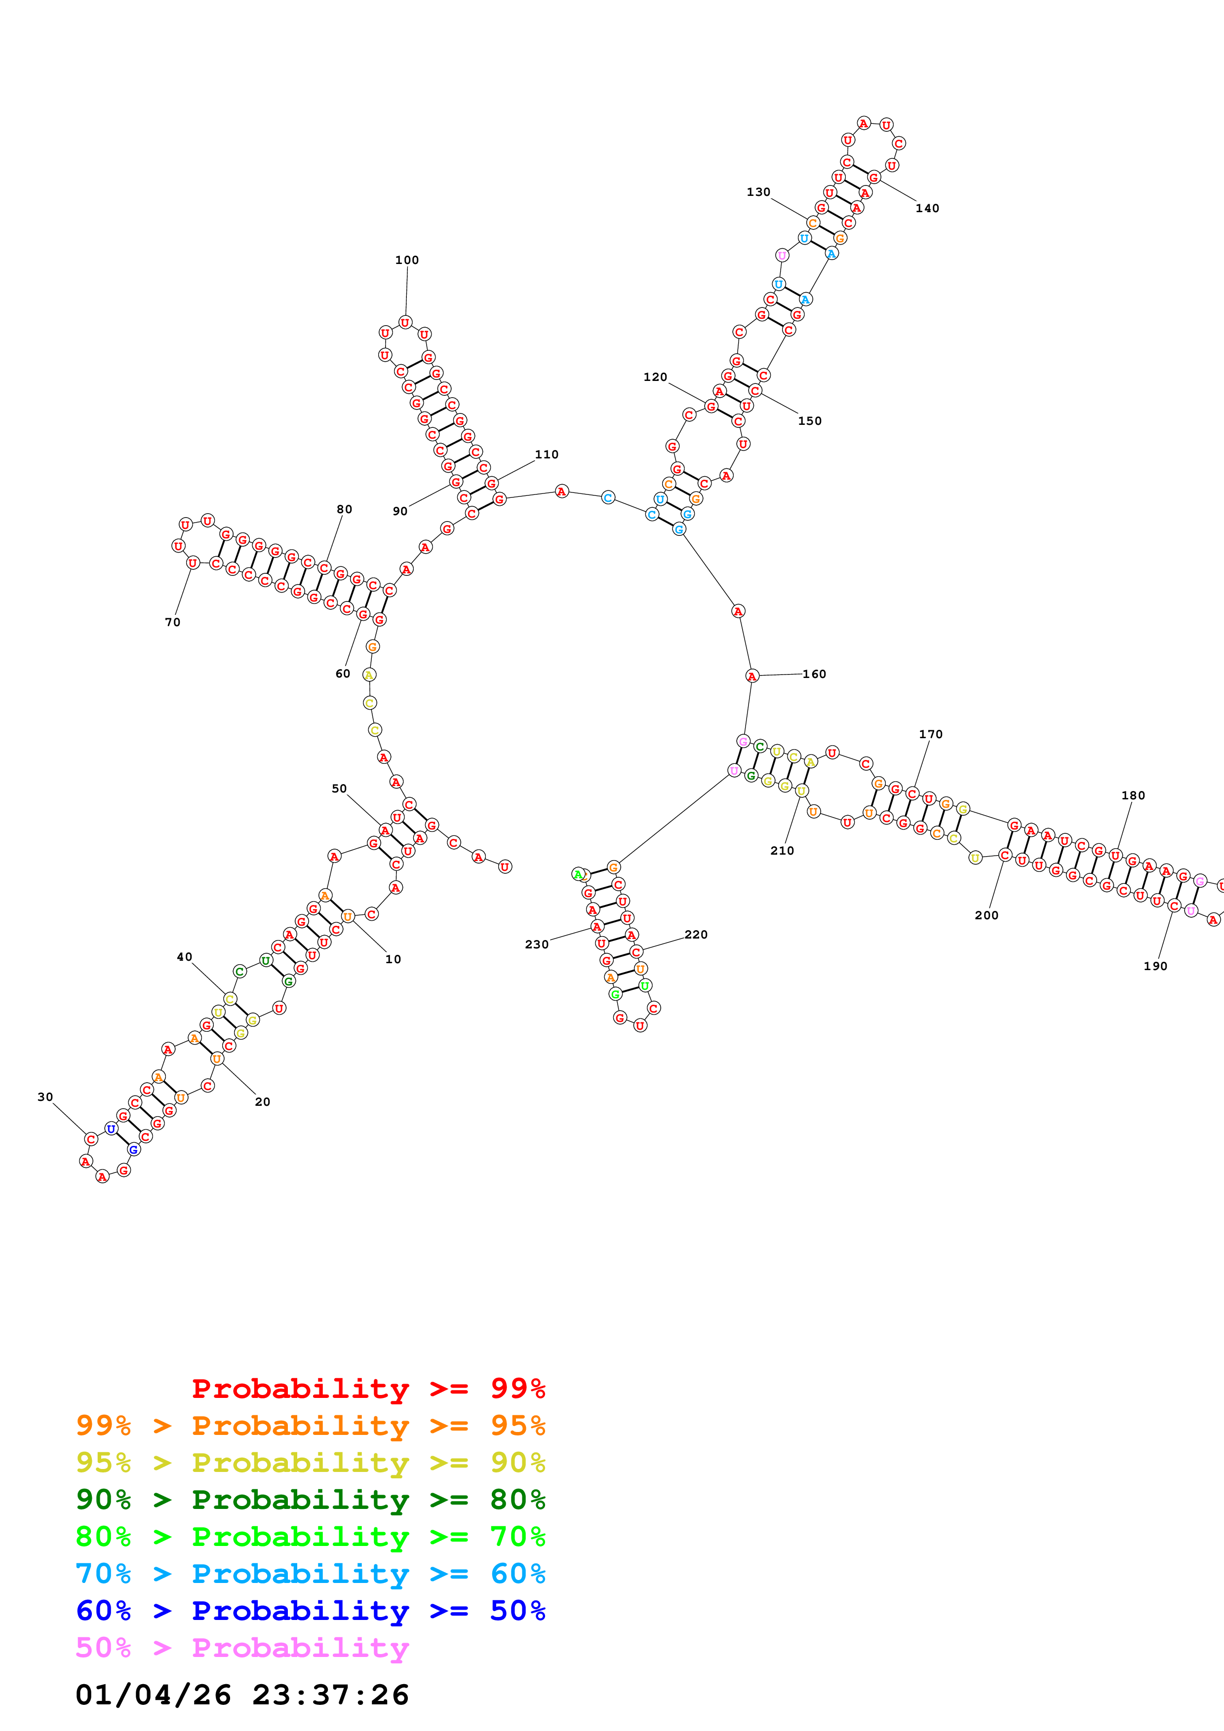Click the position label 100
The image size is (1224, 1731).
click(x=406, y=260)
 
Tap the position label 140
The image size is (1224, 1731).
click(x=927, y=208)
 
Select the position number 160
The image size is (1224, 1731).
click(x=814, y=674)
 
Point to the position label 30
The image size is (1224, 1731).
click(x=45, y=1097)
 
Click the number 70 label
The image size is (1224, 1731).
click(x=173, y=622)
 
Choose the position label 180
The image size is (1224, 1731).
click(x=1133, y=795)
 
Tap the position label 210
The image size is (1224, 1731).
click(x=782, y=850)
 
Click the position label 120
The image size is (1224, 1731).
click(x=655, y=377)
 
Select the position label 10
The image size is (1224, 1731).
click(x=393, y=959)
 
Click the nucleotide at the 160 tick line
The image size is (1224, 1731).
click(x=752, y=677)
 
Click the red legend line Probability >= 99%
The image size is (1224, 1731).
click(x=368, y=1389)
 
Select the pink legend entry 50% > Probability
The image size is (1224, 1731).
click(x=242, y=1648)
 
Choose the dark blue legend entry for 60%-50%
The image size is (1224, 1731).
click(x=310, y=1611)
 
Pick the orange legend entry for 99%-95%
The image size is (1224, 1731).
click(x=310, y=1426)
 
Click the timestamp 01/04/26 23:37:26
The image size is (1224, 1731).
click(x=242, y=1695)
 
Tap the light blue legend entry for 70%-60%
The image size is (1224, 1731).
click(x=310, y=1574)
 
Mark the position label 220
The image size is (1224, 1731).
click(x=695, y=935)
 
